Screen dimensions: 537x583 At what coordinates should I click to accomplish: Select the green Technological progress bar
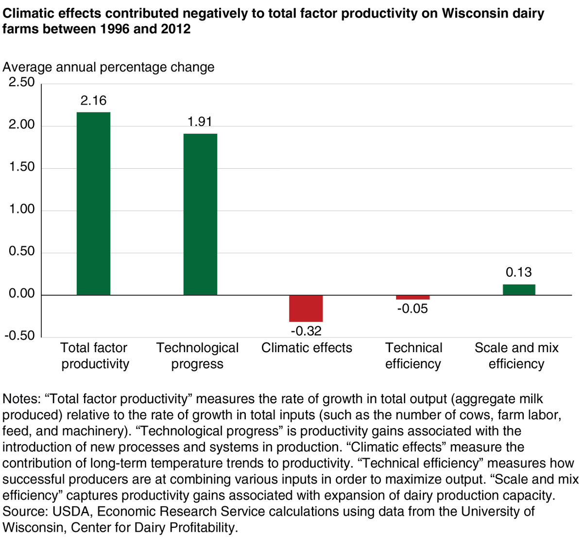pos(200,214)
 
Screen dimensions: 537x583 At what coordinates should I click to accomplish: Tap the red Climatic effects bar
pos(306,308)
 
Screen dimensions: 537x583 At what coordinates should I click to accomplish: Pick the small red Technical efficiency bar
pos(412,297)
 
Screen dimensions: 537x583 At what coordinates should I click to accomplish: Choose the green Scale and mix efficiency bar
pos(519,290)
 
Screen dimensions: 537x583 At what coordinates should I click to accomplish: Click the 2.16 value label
pos(93,101)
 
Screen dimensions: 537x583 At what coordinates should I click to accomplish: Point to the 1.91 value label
pos(200,122)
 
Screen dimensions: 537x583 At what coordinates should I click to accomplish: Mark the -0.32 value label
pos(306,331)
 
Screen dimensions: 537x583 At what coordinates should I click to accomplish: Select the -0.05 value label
pos(412,309)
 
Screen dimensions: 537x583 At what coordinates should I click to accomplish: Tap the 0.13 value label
pos(519,272)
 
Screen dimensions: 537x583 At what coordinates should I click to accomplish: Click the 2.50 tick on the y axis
pos(22,82)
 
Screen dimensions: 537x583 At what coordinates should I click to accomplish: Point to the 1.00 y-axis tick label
pos(22,209)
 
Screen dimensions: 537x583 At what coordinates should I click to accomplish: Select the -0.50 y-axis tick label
pos(20,336)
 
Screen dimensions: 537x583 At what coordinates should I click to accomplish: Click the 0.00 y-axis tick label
pos(22,294)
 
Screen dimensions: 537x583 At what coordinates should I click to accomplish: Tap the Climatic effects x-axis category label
pos(307,348)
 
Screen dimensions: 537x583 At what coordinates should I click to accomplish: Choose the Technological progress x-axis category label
pos(197,356)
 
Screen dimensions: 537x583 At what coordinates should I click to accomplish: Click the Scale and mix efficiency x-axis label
pos(516,356)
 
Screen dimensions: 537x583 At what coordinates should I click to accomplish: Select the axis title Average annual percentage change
pos(108,67)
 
